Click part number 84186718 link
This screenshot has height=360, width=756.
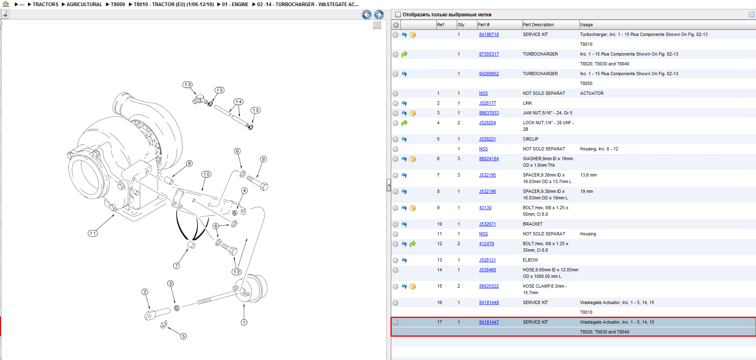point(489,35)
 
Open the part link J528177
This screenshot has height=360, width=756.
point(487,103)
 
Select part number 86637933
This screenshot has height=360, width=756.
point(489,113)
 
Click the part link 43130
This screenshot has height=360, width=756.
point(485,208)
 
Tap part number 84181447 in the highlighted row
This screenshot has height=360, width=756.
point(489,322)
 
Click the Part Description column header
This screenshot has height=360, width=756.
point(538,25)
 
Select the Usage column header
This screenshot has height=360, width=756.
point(586,25)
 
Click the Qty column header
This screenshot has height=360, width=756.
point(461,25)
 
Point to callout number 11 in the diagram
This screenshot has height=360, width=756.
point(93,233)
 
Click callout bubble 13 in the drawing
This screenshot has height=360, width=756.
point(187,85)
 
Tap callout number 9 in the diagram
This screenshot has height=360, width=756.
point(263,159)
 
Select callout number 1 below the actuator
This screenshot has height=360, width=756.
point(244,322)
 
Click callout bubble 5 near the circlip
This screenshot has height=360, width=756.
point(184,336)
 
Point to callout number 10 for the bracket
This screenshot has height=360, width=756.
point(206,174)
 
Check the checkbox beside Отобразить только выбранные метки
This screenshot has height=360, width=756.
point(398,15)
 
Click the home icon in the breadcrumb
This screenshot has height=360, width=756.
point(6,4)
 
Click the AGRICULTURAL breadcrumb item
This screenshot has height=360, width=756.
point(84,4)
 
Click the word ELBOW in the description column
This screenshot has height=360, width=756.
point(530,260)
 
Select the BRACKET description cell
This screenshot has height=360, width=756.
point(533,224)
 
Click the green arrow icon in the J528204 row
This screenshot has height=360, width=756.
point(404,123)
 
